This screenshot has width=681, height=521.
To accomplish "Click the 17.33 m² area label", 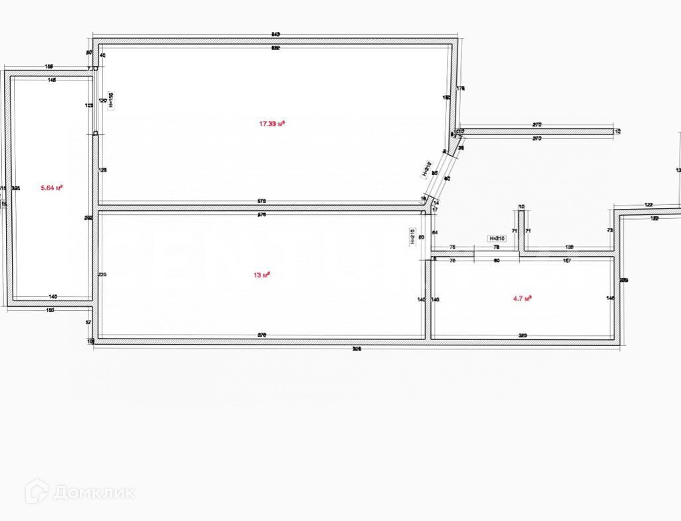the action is click(x=272, y=123).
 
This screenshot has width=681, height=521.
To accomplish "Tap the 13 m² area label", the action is click(x=261, y=275).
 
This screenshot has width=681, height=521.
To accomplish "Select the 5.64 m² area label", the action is click(x=52, y=188).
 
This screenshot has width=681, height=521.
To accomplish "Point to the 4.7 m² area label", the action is click(x=523, y=299).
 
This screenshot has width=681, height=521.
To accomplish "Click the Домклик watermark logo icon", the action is click(x=37, y=492).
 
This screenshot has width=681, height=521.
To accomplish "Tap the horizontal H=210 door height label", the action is click(x=497, y=238).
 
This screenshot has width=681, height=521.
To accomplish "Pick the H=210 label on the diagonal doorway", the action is click(x=427, y=170).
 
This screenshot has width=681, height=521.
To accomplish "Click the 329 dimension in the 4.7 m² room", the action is click(x=523, y=336).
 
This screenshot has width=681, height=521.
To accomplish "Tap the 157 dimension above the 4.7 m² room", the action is click(x=567, y=261).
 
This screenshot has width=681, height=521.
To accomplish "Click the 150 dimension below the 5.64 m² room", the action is click(x=51, y=310).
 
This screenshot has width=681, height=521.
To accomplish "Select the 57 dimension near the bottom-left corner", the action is click(x=89, y=322).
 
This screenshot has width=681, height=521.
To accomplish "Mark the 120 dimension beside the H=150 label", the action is click(x=102, y=100).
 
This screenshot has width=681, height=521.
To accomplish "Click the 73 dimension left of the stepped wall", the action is click(x=610, y=230).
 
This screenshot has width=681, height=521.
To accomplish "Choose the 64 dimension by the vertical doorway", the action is click(x=435, y=232).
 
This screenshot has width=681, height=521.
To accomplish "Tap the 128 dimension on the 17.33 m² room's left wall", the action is click(x=102, y=170).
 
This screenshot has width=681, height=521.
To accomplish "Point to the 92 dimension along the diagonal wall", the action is click(x=447, y=178).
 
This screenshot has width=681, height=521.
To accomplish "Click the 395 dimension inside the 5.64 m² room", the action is click(x=17, y=188).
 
